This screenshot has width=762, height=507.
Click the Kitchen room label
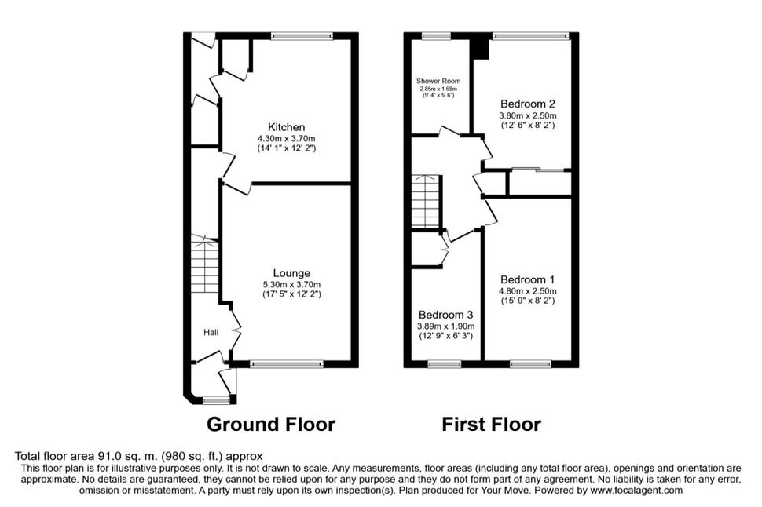(x=287, y=127)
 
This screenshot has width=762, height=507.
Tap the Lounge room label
(x=291, y=273)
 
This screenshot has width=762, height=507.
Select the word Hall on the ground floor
(x=211, y=333)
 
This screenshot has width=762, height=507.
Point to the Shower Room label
(x=438, y=81)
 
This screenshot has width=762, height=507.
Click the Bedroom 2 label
(x=528, y=104)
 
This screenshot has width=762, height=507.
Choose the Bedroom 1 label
(x=528, y=279)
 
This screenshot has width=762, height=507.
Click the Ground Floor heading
(x=271, y=424)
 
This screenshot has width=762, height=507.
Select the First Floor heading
(x=491, y=424)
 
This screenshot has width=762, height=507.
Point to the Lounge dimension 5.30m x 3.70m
(x=291, y=285)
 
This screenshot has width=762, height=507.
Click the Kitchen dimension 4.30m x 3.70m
(x=287, y=138)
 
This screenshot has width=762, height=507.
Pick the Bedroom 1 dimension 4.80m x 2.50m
(x=528, y=291)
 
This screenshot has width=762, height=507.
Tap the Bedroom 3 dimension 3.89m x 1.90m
(x=445, y=326)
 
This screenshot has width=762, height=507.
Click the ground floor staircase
(x=204, y=264)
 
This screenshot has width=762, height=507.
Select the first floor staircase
(x=427, y=202)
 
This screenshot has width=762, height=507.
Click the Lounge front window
(x=287, y=363)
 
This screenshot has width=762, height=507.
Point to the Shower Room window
(x=436, y=35)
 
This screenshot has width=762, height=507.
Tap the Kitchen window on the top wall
(x=302, y=35)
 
